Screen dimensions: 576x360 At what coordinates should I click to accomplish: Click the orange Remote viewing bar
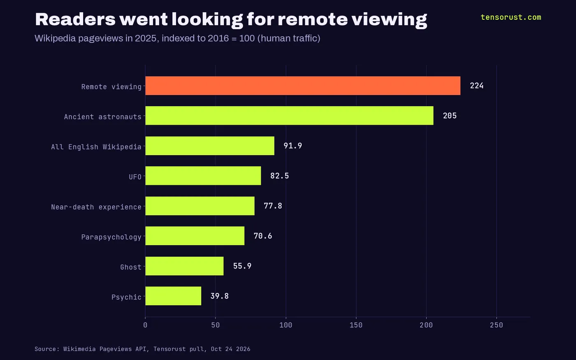click(303, 86)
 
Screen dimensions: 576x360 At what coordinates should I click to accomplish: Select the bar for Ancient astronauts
click(289, 116)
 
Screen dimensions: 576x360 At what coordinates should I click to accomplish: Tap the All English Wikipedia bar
click(210, 146)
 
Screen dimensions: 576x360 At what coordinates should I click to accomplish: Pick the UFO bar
click(203, 176)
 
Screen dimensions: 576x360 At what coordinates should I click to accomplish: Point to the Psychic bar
click(173, 296)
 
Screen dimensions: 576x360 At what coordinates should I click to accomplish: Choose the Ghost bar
click(184, 266)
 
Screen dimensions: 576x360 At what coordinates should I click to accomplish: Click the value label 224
click(477, 86)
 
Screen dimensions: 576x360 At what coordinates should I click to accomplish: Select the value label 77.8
click(273, 206)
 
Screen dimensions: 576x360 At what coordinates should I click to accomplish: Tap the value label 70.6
click(263, 236)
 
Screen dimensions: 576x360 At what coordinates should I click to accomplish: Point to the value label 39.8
click(220, 296)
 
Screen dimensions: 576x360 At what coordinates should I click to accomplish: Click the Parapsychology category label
click(111, 237)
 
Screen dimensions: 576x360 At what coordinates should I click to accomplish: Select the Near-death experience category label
click(96, 207)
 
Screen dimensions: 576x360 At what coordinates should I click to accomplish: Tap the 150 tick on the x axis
click(356, 325)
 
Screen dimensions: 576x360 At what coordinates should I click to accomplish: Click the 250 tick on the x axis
click(497, 325)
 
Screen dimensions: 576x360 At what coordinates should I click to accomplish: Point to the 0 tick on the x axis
click(145, 325)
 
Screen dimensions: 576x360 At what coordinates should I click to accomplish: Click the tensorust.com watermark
click(511, 17)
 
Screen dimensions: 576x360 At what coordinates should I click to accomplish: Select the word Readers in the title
click(75, 19)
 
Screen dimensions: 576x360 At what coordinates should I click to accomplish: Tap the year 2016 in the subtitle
click(218, 38)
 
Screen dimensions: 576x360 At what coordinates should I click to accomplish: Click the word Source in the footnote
click(45, 349)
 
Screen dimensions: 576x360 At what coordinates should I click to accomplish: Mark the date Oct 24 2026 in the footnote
click(231, 349)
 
